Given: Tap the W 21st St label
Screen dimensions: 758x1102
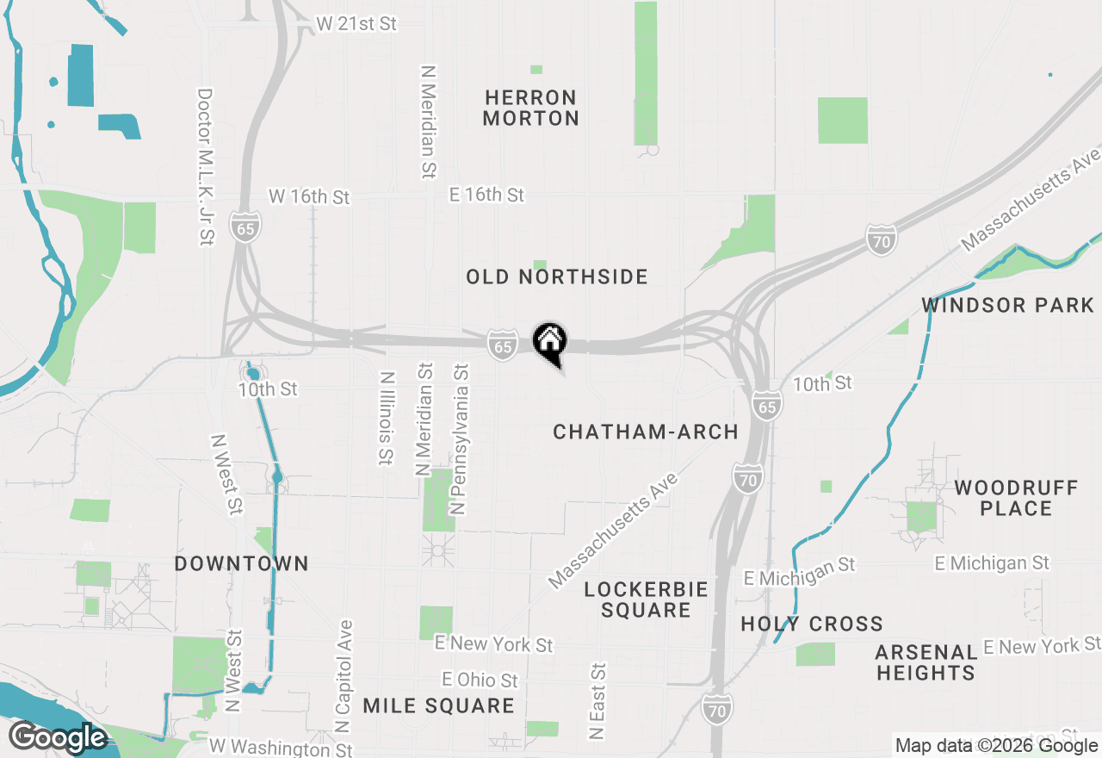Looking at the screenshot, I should [356, 24].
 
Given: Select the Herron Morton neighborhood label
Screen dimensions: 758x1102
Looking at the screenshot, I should [530, 108].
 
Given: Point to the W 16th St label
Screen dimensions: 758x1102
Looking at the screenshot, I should [309, 196].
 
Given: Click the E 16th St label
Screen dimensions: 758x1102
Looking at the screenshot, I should [486, 195].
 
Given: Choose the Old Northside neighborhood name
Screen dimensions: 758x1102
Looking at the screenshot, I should [557, 276].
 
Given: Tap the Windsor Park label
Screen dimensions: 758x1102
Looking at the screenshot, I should [1008, 305].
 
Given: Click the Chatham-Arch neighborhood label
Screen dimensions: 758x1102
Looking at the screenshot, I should [646, 432].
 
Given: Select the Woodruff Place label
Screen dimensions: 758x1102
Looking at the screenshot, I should [1016, 498].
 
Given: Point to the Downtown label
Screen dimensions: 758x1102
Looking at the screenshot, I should [241, 563].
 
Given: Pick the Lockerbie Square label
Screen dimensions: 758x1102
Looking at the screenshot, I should [646, 600].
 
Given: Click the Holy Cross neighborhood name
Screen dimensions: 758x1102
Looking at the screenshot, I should [812, 624].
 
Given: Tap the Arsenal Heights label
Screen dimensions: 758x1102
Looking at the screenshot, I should [926, 662].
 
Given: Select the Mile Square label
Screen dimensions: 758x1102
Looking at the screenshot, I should [438, 706].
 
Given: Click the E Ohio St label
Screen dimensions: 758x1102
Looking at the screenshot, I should [480, 680].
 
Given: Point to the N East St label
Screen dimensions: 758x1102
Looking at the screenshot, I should [597, 701].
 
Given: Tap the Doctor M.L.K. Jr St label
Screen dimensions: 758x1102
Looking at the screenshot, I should [205, 166].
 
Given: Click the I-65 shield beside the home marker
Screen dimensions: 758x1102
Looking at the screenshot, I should [503, 345].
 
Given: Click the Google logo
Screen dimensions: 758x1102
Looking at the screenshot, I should [58, 738].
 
